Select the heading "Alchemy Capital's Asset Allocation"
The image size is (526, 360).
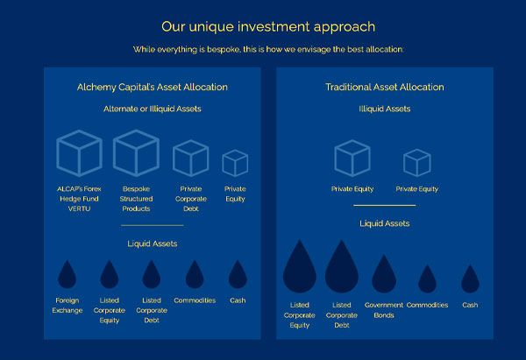point(153,87)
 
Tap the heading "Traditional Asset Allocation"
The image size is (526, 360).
point(385,87)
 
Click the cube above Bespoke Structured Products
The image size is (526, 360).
point(136,152)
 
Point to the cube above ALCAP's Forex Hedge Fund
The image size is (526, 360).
point(79,154)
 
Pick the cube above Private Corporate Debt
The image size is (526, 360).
point(190,158)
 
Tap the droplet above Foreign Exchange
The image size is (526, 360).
point(68,275)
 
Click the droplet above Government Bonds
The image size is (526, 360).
point(384,274)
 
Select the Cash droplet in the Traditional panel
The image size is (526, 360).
point(470,279)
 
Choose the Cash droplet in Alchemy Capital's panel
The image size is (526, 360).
point(238,275)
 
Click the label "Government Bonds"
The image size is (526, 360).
point(384,310)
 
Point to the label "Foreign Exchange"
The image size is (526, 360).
point(68,305)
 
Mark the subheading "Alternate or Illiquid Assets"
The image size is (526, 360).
point(153,109)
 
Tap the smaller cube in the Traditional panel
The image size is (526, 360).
point(416,163)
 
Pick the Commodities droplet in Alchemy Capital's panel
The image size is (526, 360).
point(195,274)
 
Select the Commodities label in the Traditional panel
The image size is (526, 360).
point(427,305)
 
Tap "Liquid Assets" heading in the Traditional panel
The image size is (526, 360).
point(385,223)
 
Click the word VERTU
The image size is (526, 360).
point(79,208)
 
